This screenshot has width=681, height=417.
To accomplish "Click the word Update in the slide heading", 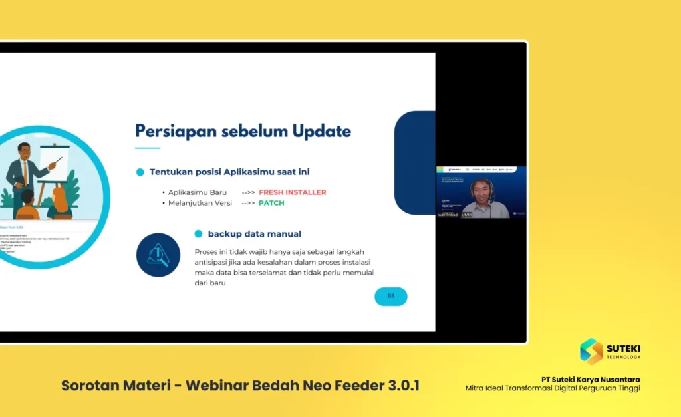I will click(x=321, y=131).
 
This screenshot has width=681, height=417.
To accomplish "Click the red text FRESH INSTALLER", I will click(x=292, y=192).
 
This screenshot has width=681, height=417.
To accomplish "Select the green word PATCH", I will click(x=271, y=203).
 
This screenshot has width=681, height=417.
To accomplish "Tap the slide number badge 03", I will click(x=390, y=296).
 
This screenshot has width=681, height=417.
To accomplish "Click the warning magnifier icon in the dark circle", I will click(x=158, y=255).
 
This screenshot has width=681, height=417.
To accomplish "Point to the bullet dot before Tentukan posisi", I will click(x=140, y=172).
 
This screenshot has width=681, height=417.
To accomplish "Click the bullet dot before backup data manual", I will click(x=198, y=234).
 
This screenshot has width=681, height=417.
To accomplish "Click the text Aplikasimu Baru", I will click(x=197, y=192).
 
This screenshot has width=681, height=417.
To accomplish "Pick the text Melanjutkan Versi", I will click(x=200, y=203).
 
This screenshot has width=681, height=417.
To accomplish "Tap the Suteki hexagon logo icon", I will click(x=591, y=351).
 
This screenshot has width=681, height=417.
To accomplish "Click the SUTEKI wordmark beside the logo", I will click(x=623, y=347).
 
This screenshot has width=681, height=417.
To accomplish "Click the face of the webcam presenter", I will click(x=481, y=190).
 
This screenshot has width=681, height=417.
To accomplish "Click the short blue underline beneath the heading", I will click(x=148, y=148).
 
